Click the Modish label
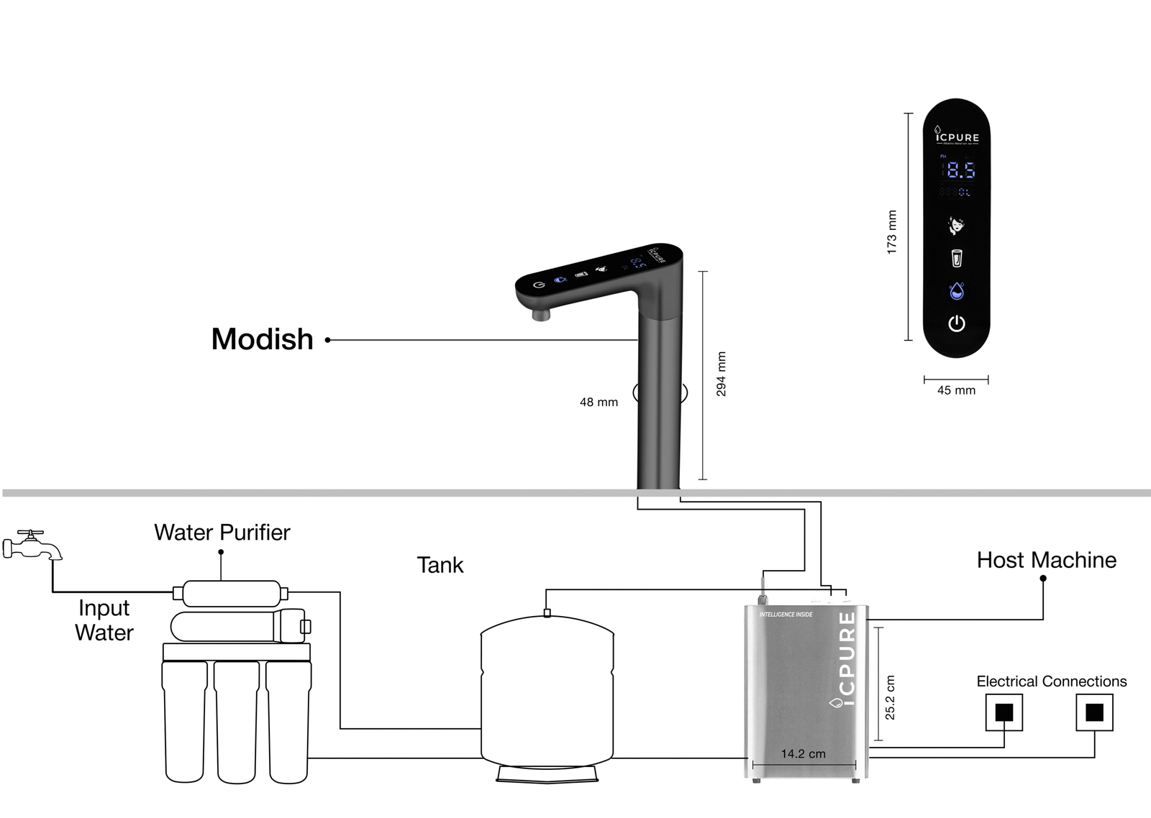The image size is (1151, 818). click(x=262, y=339)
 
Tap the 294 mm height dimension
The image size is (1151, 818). click(x=721, y=374)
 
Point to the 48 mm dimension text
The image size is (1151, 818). click(x=599, y=403)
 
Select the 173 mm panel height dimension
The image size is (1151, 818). click(x=892, y=231)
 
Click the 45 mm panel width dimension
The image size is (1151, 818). click(x=956, y=390)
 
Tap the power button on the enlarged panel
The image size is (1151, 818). click(x=956, y=323)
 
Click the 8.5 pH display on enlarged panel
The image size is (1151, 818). click(x=960, y=170)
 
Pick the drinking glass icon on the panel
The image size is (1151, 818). click(x=956, y=257)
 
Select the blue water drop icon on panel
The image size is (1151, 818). click(x=956, y=291)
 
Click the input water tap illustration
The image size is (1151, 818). click(x=32, y=546)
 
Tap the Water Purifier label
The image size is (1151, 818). click(x=222, y=533)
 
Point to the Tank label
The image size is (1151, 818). click(x=440, y=565)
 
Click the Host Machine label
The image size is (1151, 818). click(x=1046, y=560)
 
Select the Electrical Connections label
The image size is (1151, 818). click(x=1051, y=681)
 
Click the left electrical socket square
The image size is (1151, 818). click(x=1004, y=712)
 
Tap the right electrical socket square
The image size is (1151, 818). click(x=1094, y=712)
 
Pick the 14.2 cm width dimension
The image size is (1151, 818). click(x=803, y=754)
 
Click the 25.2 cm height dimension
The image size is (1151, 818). click(x=890, y=697)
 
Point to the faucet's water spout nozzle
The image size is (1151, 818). click(x=540, y=314)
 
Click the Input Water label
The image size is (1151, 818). click(x=104, y=620)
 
